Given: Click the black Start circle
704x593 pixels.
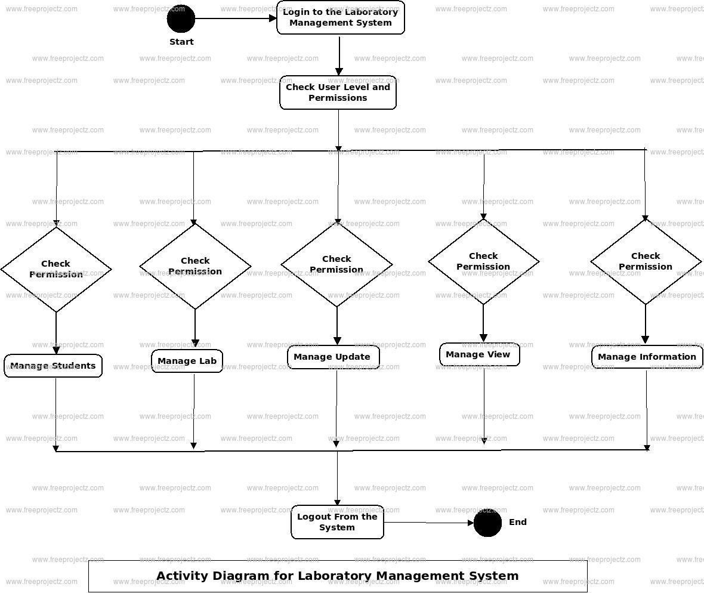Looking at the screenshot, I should click(x=181, y=18).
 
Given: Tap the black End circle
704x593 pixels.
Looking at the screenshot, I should click(x=487, y=523).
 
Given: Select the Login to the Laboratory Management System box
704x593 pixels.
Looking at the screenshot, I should click(x=340, y=18).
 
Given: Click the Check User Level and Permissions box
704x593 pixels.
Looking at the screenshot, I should click(x=338, y=92).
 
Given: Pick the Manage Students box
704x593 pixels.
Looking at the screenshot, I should click(x=53, y=366).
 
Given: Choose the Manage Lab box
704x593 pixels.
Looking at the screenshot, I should click(x=187, y=361).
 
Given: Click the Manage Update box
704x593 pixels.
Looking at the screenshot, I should click(x=333, y=357).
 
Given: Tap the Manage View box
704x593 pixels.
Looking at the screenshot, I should click(x=479, y=354).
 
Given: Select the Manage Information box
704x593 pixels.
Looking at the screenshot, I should click(x=647, y=357).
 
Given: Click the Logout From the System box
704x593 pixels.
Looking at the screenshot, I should click(x=337, y=522).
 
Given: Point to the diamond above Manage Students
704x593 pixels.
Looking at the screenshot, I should click(x=56, y=269).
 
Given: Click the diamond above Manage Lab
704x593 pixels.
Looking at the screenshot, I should click(x=195, y=266).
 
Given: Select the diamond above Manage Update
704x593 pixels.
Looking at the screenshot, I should click(x=336, y=264).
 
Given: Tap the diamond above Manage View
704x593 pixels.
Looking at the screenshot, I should click(x=483, y=261).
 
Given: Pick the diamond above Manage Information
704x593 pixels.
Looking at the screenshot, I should click(x=646, y=261).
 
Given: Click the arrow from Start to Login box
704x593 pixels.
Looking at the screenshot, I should click(x=236, y=18).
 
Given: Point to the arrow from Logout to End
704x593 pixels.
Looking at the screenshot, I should click(x=428, y=523).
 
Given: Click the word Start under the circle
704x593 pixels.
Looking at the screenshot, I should click(x=181, y=42).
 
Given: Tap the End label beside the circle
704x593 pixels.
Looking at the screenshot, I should click(x=518, y=522).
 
